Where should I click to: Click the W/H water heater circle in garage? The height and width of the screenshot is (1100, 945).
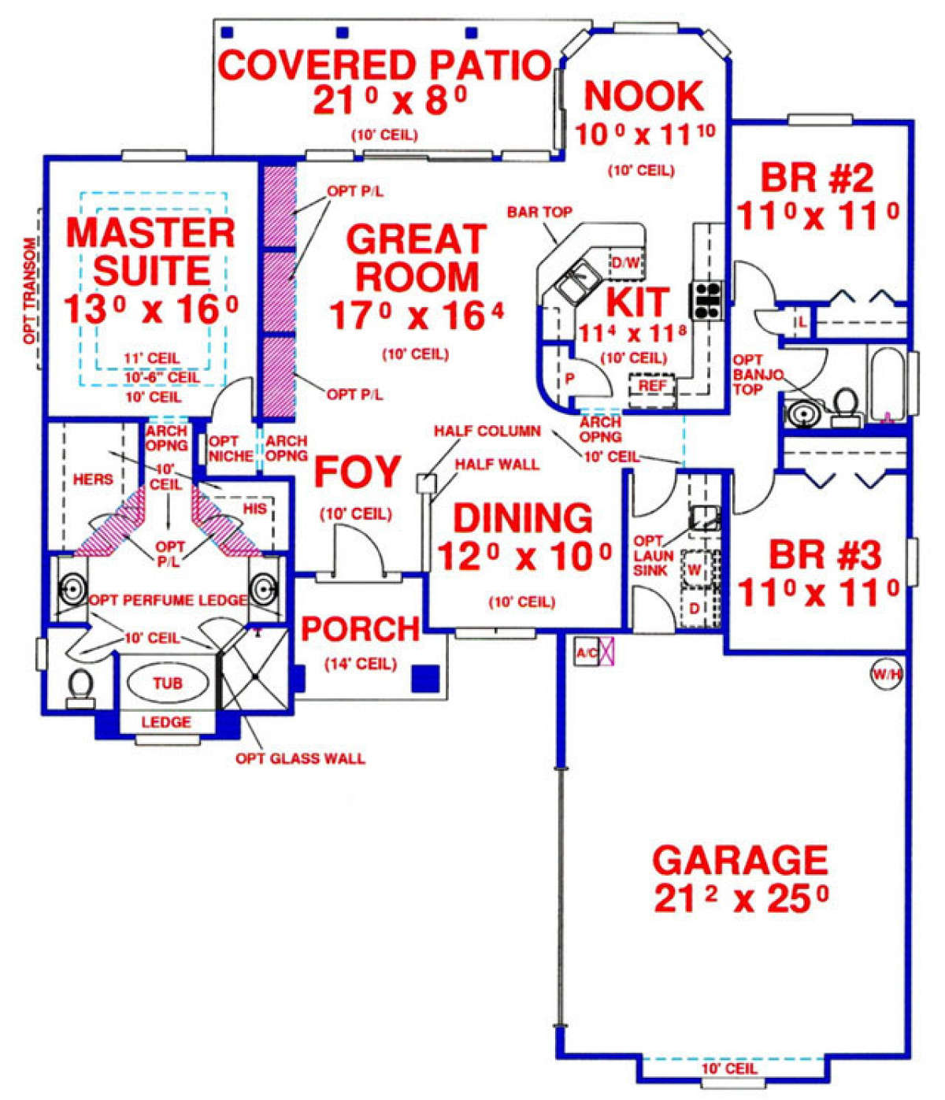(885, 674)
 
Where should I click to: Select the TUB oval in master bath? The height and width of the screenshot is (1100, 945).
(168, 683)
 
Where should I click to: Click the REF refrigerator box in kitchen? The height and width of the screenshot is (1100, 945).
(651, 386)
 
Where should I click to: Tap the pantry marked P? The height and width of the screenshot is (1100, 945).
(570, 379)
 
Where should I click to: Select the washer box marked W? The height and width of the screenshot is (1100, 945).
(695, 569)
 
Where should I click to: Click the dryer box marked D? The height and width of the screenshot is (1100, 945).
(695, 608)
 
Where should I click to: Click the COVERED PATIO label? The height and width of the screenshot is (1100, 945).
(384, 65)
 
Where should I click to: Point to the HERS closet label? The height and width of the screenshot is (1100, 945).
(93, 479)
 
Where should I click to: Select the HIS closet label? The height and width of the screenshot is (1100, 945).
(254, 509)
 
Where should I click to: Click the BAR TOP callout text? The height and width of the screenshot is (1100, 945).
(539, 212)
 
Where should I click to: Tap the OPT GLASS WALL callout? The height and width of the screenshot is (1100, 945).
(300, 758)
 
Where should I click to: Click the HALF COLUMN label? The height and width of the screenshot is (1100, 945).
(487, 431)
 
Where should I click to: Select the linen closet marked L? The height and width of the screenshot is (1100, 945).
(802, 322)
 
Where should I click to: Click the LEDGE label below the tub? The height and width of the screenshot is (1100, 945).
(166, 721)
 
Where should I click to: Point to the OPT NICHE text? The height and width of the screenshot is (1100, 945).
(230, 449)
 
